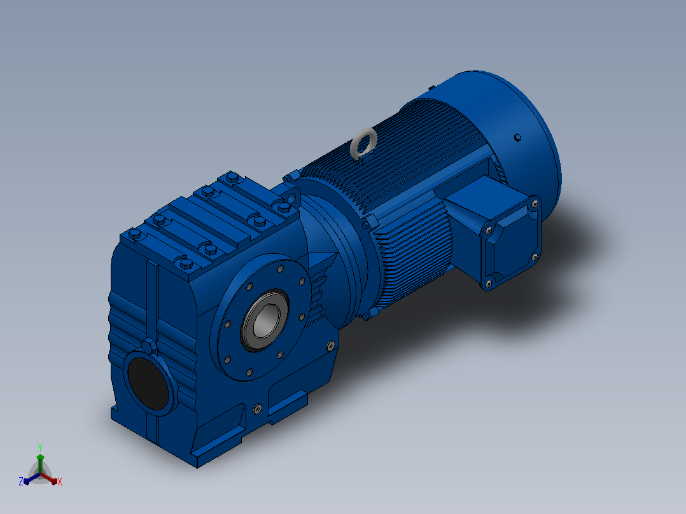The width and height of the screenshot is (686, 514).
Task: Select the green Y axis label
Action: coord(40,448)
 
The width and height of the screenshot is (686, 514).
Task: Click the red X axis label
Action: coord(60,482)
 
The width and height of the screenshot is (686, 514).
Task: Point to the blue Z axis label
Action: coord(21,482)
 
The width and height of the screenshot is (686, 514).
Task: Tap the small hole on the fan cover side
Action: coord(517,138)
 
